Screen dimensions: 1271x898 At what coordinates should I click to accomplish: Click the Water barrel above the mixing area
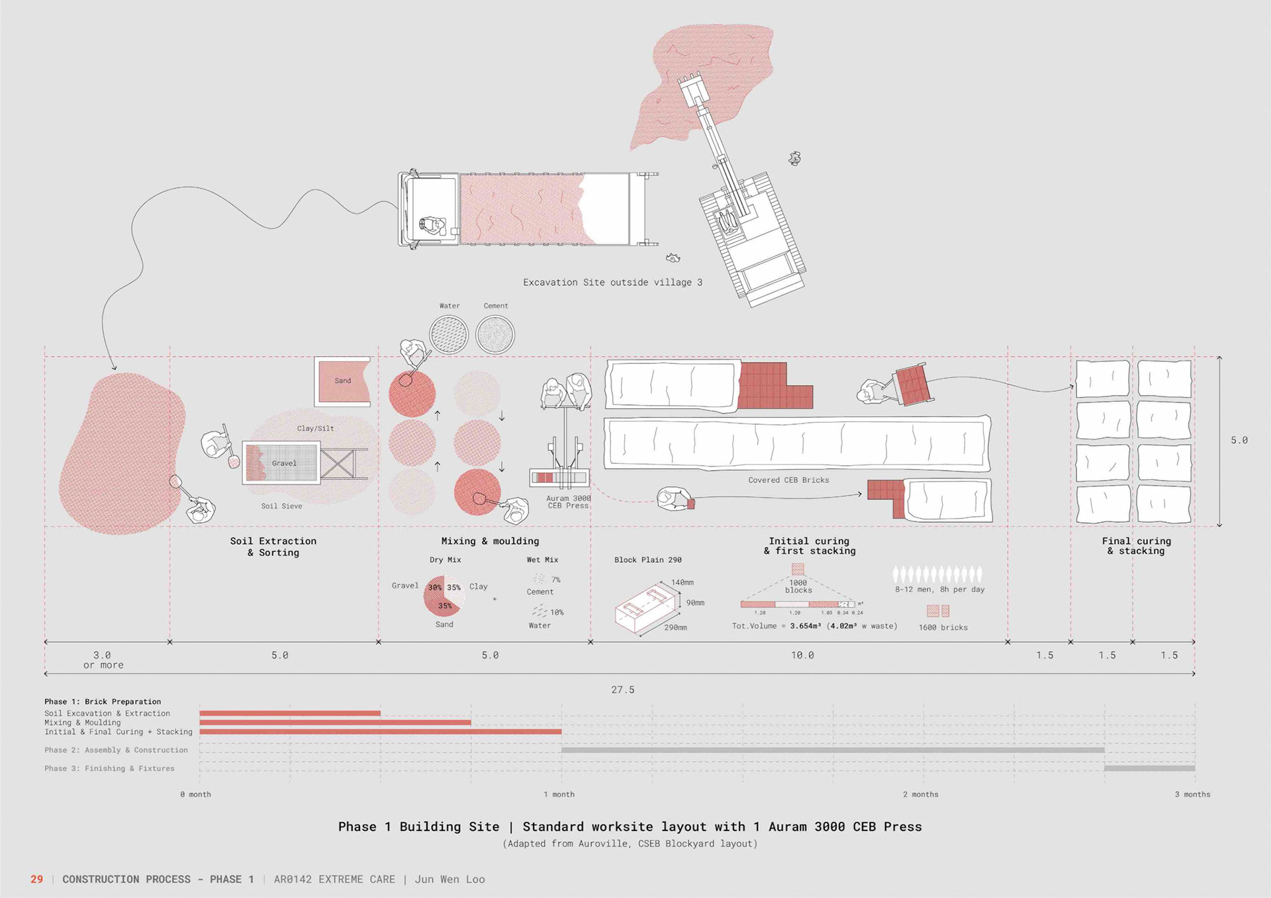[x=449, y=334]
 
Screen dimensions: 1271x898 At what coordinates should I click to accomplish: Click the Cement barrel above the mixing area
[x=495, y=334]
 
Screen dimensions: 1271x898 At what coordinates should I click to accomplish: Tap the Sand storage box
[x=342, y=381]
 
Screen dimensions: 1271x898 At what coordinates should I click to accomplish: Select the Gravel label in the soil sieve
[x=284, y=463]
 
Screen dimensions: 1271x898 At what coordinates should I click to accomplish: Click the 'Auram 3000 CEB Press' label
[x=568, y=502]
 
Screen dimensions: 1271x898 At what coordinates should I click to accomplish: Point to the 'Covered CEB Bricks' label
[x=788, y=480]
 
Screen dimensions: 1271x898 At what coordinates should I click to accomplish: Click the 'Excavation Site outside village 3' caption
[x=612, y=283]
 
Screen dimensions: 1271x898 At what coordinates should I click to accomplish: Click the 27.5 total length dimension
[x=622, y=690]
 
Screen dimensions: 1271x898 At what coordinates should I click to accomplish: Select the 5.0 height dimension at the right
[x=1239, y=440]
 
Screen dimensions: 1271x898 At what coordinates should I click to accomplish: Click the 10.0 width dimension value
[x=802, y=655]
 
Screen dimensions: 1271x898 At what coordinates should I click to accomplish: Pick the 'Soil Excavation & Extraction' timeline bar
[x=290, y=713]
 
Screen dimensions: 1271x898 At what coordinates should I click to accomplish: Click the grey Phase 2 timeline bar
[x=832, y=750]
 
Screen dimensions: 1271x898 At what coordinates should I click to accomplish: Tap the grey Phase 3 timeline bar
[x=1149, y=768]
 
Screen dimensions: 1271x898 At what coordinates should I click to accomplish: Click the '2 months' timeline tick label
[x=920, y=794]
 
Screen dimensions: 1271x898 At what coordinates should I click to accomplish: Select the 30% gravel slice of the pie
[x=434, y=588]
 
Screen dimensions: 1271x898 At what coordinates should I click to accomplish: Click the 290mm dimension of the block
[x=675, y=627]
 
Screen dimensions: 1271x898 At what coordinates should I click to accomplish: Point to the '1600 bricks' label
[x=943, y=627]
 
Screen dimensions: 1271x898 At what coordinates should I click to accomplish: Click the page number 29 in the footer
[x=36, y=879]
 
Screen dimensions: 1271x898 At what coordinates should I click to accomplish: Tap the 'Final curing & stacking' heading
[x=1136, y=546]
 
